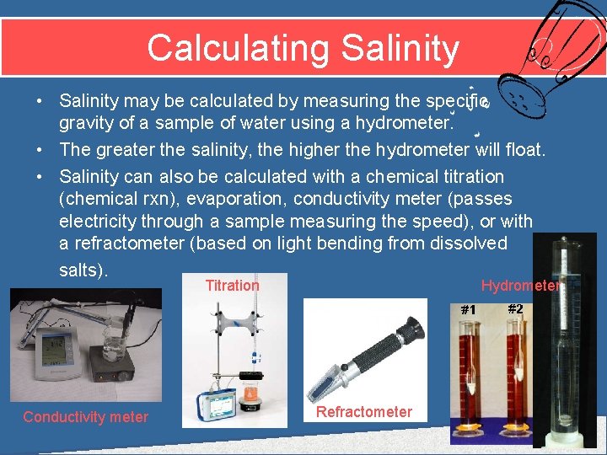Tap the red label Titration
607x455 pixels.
(233, 286)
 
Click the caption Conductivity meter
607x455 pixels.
(85, 417)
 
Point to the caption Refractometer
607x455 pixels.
(364, 412)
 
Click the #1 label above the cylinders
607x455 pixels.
(468, 309)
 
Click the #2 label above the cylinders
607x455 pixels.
(515, 308)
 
